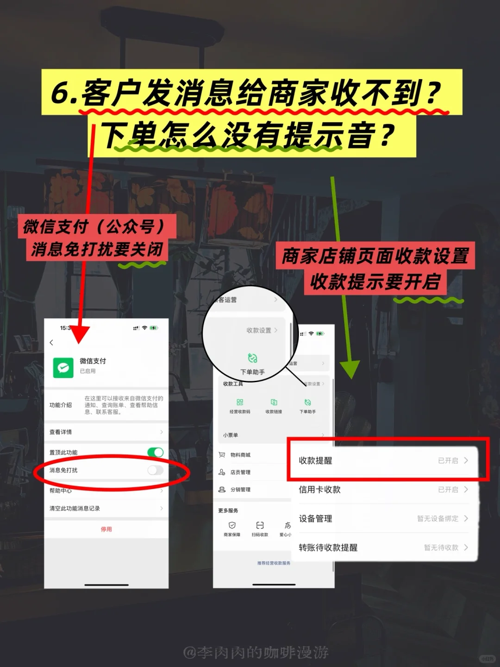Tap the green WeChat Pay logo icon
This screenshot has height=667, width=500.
click(x=63, y=368)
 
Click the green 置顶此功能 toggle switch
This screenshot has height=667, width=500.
click(x=155, y=452)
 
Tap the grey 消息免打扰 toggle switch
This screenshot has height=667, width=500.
click(x=155, y=470)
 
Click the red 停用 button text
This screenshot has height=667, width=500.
click(x=106, y=529)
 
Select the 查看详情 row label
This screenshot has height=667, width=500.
click(x=61, y=432)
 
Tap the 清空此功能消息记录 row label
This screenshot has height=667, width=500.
click(x=75, y=508)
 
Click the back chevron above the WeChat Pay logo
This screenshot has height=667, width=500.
click(x=51, y=342)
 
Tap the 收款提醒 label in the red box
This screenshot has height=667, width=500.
click(x=315, y=460)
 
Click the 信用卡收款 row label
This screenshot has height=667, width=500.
click(x=319, y=490)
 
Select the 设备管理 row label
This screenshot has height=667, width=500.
click(x=315, y=518)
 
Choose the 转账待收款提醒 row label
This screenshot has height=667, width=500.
click(x=328, y=547)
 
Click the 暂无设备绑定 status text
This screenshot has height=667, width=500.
click(x=437, y=518)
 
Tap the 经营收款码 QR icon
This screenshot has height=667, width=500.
click(x=240, y=402)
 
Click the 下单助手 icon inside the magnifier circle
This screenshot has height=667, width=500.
click(x=252, y=358)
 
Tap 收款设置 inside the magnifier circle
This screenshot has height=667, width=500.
click(x=259, y=330)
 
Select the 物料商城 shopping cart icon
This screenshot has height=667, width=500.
click(x=222, y=455)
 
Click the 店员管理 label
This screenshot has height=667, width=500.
click(x=240, y=472)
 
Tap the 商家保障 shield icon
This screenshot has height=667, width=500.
click(x=232, y=525)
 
